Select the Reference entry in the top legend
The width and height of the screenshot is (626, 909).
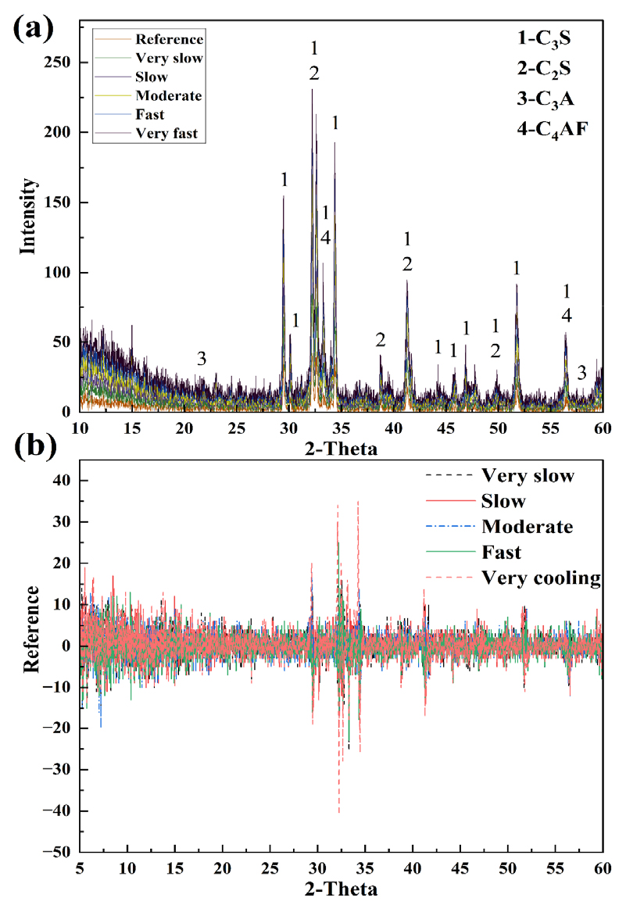click(169, 39)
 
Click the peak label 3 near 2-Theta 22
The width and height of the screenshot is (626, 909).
click(202, 359)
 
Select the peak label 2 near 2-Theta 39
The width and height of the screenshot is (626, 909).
click(381, 340)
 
